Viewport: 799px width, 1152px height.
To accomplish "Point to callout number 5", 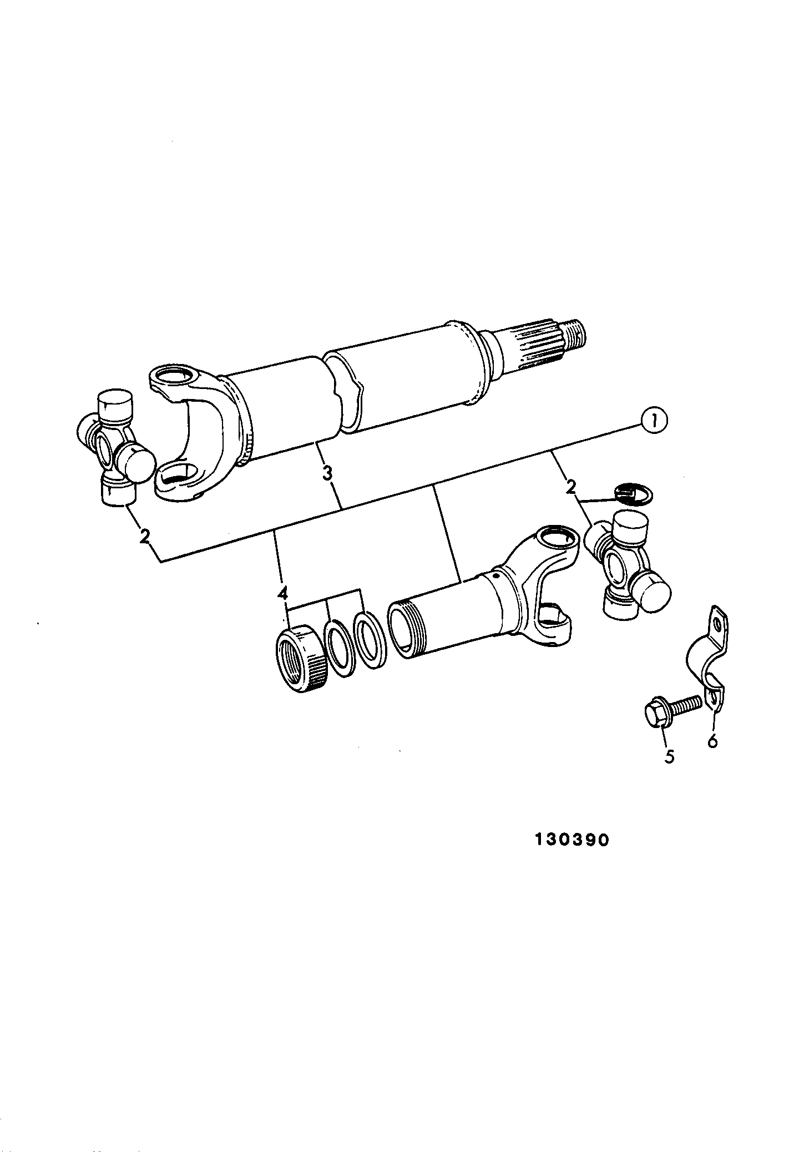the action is click(x=670, y=756).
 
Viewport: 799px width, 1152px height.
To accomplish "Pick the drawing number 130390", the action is click(x=572, y=855).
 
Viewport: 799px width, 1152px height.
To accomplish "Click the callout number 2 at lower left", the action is click(x=145, y=537).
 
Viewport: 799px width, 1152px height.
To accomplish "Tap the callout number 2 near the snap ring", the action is click(x=570, y=487).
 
